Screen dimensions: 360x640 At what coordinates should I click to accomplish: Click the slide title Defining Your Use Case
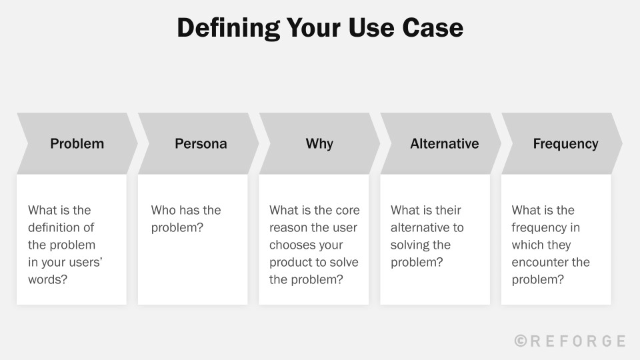319,28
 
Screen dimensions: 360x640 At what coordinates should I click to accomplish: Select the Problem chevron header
77,143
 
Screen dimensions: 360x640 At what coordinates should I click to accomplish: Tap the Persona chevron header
201,143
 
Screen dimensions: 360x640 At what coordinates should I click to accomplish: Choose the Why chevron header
319,143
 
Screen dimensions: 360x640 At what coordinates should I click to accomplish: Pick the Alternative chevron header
444,143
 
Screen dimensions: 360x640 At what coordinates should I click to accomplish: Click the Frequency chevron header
565,143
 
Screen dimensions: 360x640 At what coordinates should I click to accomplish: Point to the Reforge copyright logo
570,341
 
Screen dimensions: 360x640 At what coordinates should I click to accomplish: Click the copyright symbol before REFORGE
521,341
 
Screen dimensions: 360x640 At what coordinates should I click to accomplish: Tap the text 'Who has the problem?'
185,219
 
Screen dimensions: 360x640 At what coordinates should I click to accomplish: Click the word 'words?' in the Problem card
47,279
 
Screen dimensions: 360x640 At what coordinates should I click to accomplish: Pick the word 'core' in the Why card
347,210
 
